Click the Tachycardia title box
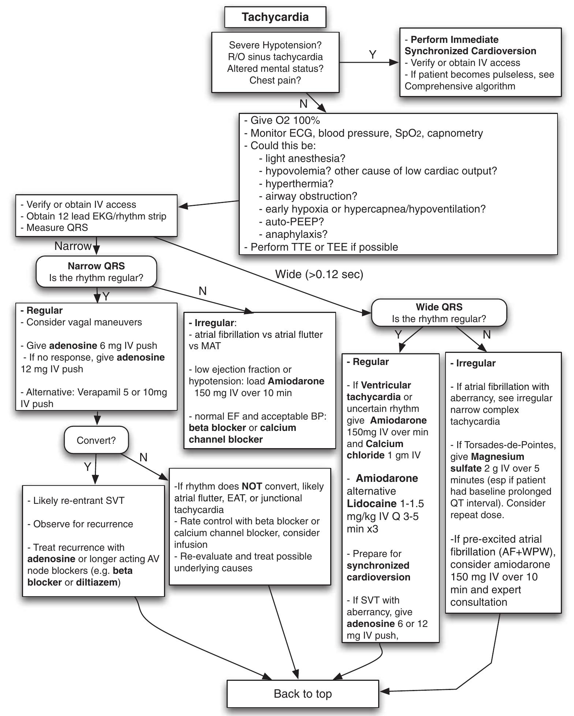pos(275,17)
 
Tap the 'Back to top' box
pos(303,694)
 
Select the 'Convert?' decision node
pos(96,440)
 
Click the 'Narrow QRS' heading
pos(96,266)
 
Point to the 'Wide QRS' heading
pos(439,307)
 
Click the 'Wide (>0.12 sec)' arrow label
pos(319,274)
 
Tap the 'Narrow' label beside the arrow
pos(72,246)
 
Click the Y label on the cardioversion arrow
pos(372,55)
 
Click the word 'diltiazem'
pos(97,582)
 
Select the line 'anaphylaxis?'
pos(296,234)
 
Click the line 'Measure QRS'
pos(57,228)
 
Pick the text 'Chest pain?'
pos(275,80)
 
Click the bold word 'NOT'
pos(251,486)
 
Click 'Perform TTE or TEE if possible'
pos(324,247)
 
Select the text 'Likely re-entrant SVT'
pos(79,501)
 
